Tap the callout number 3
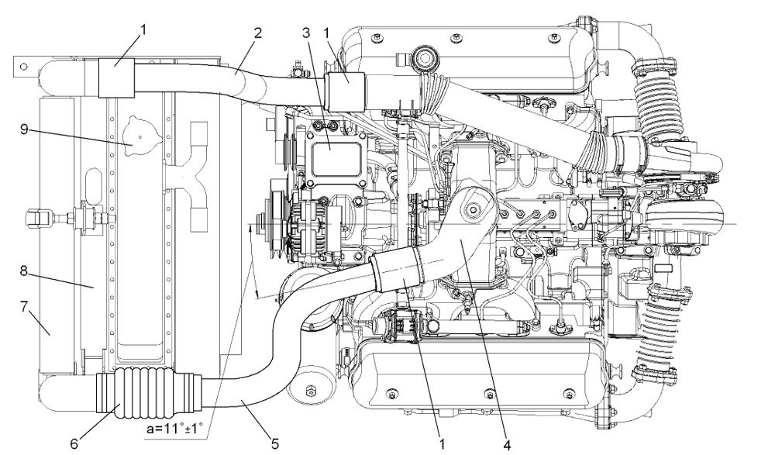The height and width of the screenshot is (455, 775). pyautogui.click(x=308, y=33)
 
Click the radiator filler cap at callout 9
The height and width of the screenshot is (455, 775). pyautogui.click(x=136, y=133)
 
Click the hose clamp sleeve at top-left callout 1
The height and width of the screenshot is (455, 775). pyautogui.click(x=115, y=77)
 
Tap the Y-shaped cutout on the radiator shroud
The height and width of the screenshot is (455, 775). pyautogui.click(x=190, y=186)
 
